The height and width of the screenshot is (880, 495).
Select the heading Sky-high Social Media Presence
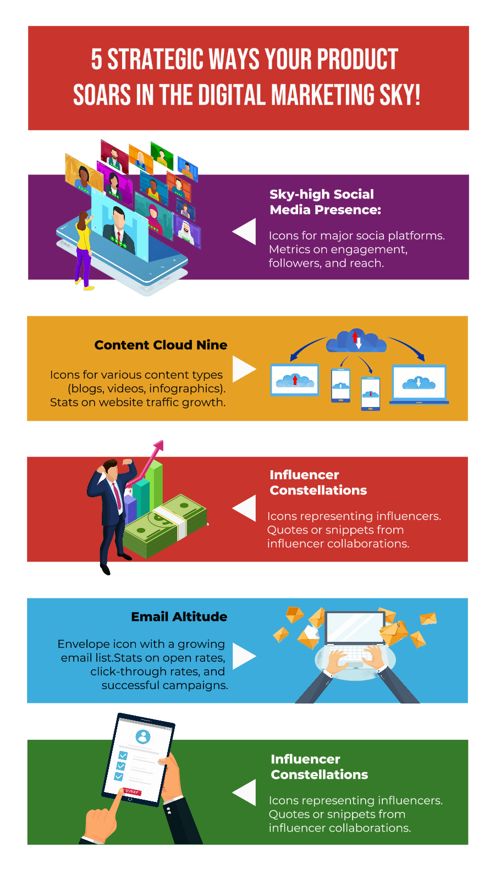click(x=324, y=202)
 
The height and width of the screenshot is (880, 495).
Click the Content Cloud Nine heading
click(x=161, y=345)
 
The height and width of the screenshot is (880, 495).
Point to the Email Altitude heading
click(x=179, y=617)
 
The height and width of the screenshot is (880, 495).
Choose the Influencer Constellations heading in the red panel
click(x=318, y=482)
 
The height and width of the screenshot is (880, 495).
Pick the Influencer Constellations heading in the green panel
click(x=319, y=767)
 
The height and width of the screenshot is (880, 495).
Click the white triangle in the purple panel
click(x=246, y=231)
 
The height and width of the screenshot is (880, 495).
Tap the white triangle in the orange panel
click(x=243, y=369)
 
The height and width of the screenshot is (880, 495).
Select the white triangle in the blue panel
click(x=243, y=656)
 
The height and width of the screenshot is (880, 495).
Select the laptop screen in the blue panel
click(x=355, y=627)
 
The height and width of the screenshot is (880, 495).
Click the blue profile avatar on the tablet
click(x=143, y=736)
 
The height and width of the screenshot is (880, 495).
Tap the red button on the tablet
click(x=132, y=791)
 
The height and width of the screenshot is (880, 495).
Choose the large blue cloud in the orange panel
click(x=356, y=342)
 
